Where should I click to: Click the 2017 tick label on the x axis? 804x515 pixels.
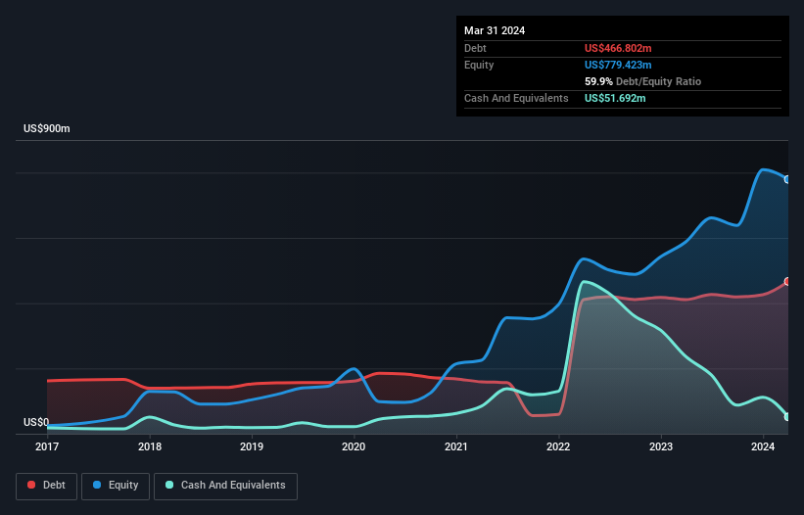pyautogui.click(x=47, y=446)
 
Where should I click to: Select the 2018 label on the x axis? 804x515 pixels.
pyautogui.click(x=150, y=446)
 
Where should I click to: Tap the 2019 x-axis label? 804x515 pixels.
pyautogui.click(x=252, y=446)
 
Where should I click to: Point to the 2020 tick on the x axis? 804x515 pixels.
pyautogui.click(x=354, y=446)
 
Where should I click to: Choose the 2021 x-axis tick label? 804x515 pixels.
pyautogui.click(x=455, y=446)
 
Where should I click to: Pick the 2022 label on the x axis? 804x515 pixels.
pyautogui.click(x=558, y=446)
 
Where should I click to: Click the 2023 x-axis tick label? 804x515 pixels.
pyautogui.click(x=661, y=446)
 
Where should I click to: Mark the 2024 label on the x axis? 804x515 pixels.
pyautogui.click(x=763, y=446)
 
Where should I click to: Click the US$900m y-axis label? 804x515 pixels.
pyautogui.click(x=47, y=129)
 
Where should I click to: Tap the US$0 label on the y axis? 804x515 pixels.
pyautogui.click(x=36, y=422)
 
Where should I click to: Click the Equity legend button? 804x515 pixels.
pyautogui.click(x=117, y=486)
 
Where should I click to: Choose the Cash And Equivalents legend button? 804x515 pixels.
pyautogui.click(x=225, y=486)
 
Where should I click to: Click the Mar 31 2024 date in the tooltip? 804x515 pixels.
pyautogui.click(x=495, y=30)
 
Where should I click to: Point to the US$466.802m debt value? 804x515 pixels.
pyautogui.click(x=620, y=48)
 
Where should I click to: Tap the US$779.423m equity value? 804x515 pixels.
pyautogui.click(x=620, y=65)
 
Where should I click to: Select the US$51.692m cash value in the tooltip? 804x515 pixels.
pyautogui.click(x=616, y=98)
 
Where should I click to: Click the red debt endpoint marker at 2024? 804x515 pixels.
pyautogui.click(x=787, y=281)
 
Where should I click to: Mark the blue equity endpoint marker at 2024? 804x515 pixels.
pyautogui.click(x=787, y=179)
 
